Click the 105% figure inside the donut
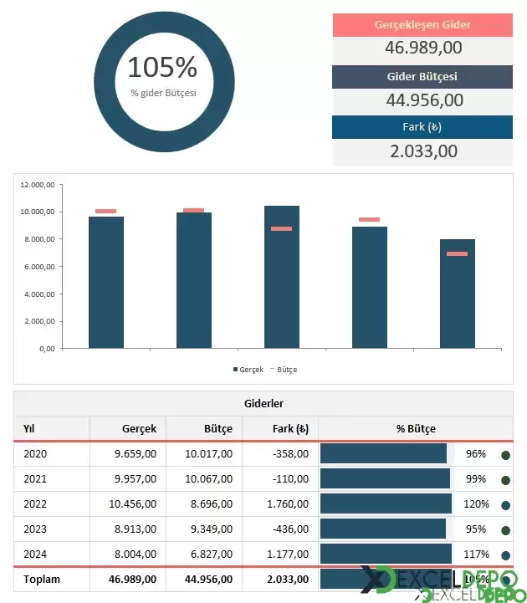click(x=162, y=67)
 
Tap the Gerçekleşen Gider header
click(x=422, y=25)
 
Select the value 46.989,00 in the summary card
click(x=422, y=48)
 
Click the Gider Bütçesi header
click(x=422, y=77)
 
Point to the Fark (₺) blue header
click(x=422, y=127)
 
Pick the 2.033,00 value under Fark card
click(x=422, y=151)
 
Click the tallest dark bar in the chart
click(x=282, y=276)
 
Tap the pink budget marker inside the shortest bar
click(x=457, y=253)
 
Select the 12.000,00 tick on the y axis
click(x=38, y=185)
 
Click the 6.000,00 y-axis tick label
click(x=38, y=267)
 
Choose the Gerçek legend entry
click(x=248, y=369)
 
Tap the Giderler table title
click(x=263, y=403)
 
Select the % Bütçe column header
click(x=416, y=428)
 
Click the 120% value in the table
click(x=476, y=504)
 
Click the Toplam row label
click(x=42, y=579)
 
